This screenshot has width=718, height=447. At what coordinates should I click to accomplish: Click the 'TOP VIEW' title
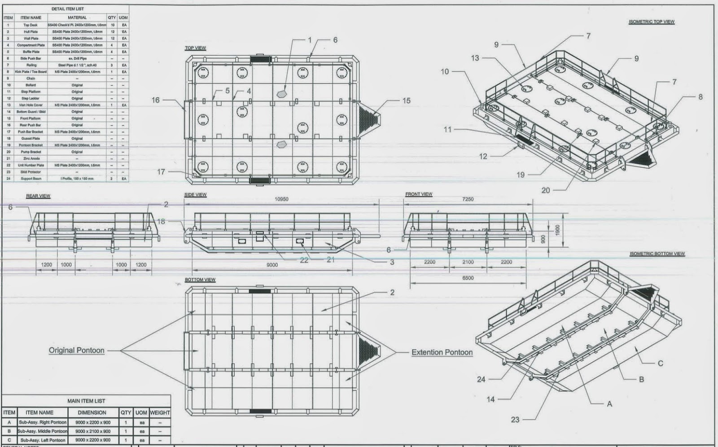tap(195, 48)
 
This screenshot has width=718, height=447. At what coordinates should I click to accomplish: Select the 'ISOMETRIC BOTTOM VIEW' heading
tap(657, 254)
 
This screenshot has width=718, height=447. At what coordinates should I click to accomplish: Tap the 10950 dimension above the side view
tap(281, 199)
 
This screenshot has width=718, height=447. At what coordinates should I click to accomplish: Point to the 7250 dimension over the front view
tap(468, 199)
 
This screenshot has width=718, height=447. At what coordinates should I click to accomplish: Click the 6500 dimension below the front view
tap(468, 278)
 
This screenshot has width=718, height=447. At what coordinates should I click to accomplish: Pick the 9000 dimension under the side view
tap(272, 265)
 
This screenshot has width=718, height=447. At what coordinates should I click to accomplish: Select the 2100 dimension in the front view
tap(468, 262)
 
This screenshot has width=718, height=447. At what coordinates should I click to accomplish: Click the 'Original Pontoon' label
tap(76, 350)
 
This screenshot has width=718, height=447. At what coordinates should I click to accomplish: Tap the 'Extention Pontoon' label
tap(442, 352)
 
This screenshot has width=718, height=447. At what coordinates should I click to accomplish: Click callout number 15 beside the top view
tap(406, 101)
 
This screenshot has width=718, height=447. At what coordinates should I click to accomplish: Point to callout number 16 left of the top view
tap(155, 100)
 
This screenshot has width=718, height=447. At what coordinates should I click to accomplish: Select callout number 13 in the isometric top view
tap(475, 58)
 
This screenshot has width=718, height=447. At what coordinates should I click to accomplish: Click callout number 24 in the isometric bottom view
tap(481, 379)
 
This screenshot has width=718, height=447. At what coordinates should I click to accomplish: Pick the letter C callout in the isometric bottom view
tap(660, 363)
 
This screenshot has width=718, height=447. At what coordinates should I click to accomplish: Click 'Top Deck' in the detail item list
tap(31, 25)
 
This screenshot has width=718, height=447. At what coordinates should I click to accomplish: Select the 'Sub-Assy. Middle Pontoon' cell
tap(42, 431)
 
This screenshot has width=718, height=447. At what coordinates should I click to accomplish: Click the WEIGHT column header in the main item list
tap(160, 412)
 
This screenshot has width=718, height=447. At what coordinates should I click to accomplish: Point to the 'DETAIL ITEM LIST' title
tap(67, 9)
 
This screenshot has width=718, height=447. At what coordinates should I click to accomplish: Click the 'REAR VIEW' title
tap(38, 196)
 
